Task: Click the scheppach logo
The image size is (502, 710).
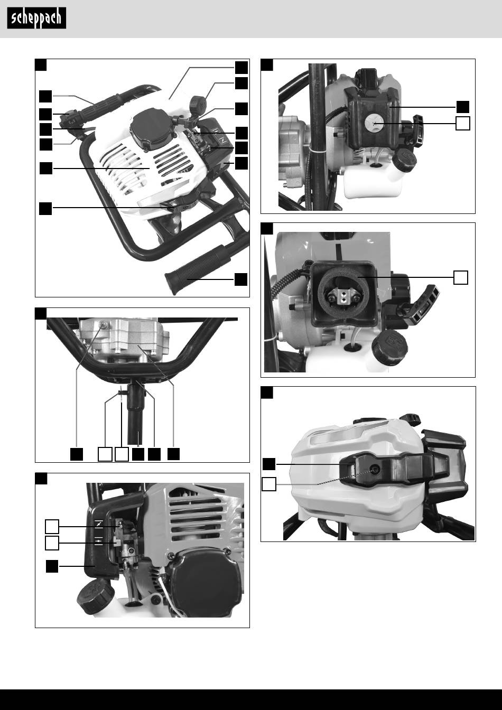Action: click(x=36, y=18)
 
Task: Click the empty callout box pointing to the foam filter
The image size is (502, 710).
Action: click(x=460, y=277)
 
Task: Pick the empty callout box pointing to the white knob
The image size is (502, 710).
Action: click(x=463, y=123)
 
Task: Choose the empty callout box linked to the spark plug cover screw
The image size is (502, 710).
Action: click(x=269, y=484)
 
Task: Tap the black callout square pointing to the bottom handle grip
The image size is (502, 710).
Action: click(x=241, y=279)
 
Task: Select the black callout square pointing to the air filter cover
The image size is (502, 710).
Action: click(x=463, y=106)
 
